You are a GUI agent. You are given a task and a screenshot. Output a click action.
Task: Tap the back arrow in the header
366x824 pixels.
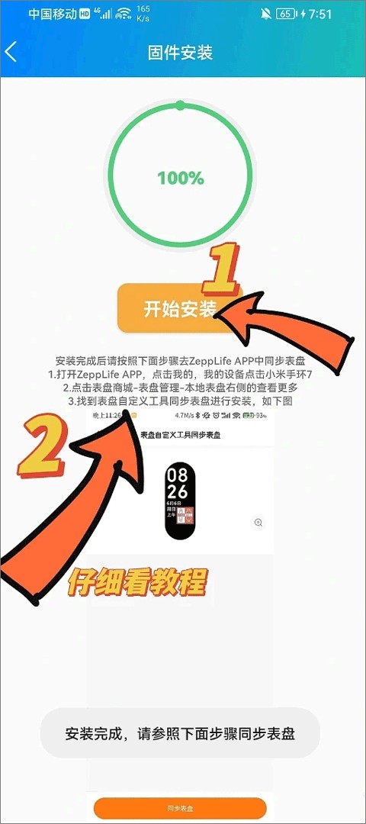(11, 52)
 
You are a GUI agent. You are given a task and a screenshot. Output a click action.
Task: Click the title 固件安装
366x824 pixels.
(180, 53)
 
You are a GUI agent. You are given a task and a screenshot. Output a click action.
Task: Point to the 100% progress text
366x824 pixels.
(181, 179)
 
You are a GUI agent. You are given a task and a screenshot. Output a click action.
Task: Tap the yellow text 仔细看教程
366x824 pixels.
(137, 583)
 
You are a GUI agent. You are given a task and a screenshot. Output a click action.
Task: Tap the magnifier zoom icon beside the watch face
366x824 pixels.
(258, 523)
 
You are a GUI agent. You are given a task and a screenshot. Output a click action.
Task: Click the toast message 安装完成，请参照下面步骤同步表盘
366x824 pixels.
(180, 734)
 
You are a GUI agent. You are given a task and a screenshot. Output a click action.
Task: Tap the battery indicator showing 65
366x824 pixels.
(286, 14)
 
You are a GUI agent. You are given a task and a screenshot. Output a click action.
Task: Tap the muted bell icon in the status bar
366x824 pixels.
(265, 14)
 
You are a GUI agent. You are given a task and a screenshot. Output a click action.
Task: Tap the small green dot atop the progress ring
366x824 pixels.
(180, 105)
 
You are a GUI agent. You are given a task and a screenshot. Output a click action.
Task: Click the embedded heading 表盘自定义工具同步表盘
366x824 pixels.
(181, 435)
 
